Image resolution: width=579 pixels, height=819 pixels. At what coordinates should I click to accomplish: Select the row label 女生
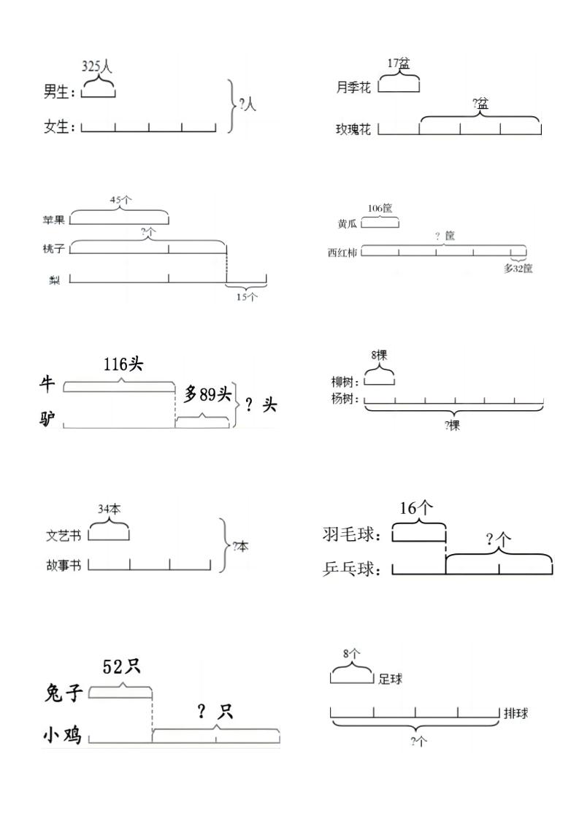(x=58, y=127)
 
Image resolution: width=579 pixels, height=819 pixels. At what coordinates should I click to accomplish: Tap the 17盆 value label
(x=399, y=64)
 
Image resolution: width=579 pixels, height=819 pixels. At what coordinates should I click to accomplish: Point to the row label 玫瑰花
(x=353, y=129)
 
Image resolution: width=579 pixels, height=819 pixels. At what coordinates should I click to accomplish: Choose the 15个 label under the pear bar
(x=246, y=296)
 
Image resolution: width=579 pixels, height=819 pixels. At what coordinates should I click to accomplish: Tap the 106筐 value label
(x=380, y=208)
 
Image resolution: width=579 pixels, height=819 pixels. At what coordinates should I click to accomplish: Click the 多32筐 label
(x=518, y=268)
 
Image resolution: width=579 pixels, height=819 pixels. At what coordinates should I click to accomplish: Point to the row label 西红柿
(x=342, y=253)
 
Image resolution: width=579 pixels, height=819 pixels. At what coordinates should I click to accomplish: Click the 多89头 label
(x=207, y=395)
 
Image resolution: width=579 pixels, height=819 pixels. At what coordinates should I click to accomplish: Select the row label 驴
(x=47, y=420)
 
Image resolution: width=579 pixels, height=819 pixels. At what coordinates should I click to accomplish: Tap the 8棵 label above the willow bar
(x=379, y=355)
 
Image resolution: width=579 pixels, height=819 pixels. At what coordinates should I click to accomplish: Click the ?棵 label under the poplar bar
(x=452, y=426)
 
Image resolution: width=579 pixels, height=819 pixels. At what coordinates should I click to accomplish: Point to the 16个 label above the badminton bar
(x=417, y=509)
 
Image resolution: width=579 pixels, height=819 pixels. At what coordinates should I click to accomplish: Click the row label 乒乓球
(x=352, y=569)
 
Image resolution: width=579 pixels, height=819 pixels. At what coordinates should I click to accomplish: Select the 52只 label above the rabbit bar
(x=122, y=666)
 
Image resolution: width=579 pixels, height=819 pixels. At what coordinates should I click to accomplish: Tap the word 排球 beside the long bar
(x=515, y=713)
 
